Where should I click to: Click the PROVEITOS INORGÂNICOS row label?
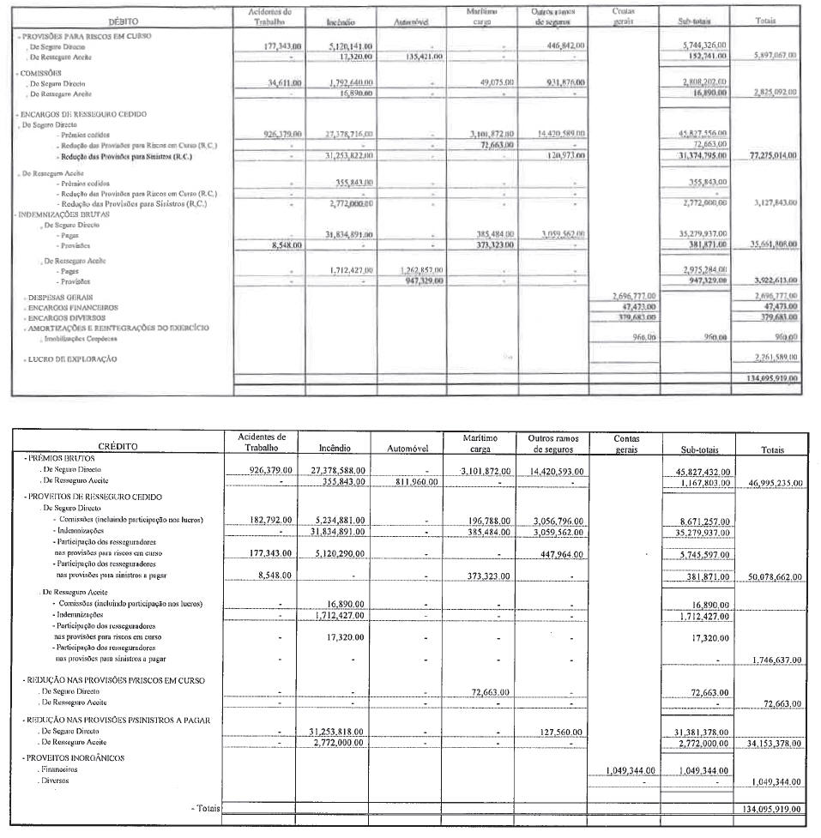pyautogui.click(x=75, y=757)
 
